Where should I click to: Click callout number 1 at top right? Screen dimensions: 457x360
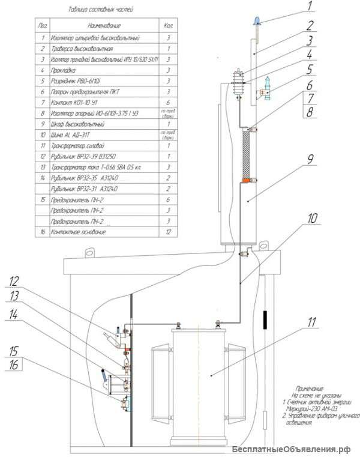(310, 8)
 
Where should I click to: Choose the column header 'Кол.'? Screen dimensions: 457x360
(168, 26)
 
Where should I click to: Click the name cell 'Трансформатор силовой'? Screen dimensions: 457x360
(82, 146)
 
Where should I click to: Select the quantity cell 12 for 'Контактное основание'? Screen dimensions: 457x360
(168, 231)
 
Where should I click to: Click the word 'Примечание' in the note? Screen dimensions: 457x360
(310, 388)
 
